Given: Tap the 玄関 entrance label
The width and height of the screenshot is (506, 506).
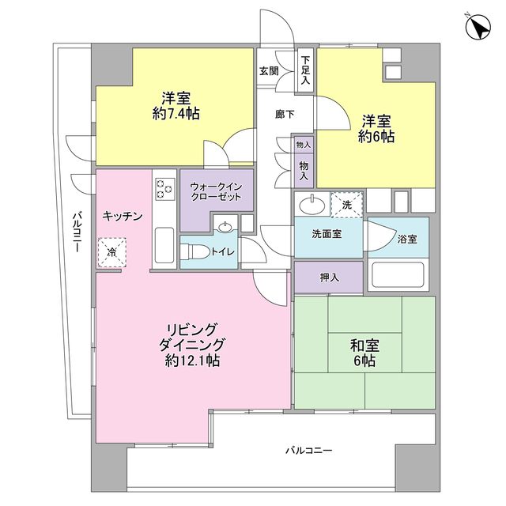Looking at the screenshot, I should pyautogui.click(x=269, y=70).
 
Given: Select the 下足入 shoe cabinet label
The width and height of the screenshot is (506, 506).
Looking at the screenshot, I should pyautogui.click(x=305, y=70).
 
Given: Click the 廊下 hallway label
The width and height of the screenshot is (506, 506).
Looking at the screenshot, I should pyautogui.click(x=285, y=115).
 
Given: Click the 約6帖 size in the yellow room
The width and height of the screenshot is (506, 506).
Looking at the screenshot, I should pyautogui.click(x=376, y=137).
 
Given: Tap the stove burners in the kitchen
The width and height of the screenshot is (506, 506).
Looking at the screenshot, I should pyautogui.click(x=164, y=190).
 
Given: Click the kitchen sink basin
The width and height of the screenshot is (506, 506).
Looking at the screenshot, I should pyautogui.click(x=164, y=245).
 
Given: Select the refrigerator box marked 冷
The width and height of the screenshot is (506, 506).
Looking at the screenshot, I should pyautogui.click(x=111, y=253).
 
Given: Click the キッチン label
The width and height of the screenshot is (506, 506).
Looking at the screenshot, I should pyautogui.click(x=122, y=216).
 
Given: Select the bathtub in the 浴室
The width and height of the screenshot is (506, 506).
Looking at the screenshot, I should pyautogui.click(x=398, y=276).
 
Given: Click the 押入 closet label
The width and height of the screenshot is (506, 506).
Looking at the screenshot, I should pyautogui.click(x=329, y=278).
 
